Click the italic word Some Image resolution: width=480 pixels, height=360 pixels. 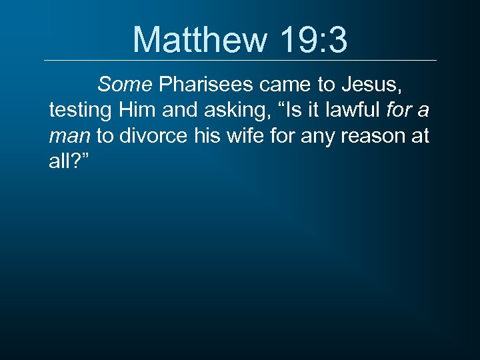point(125,85)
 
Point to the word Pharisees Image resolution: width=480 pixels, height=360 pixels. point(206,85)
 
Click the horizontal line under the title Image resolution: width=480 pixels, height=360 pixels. point(240,61)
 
